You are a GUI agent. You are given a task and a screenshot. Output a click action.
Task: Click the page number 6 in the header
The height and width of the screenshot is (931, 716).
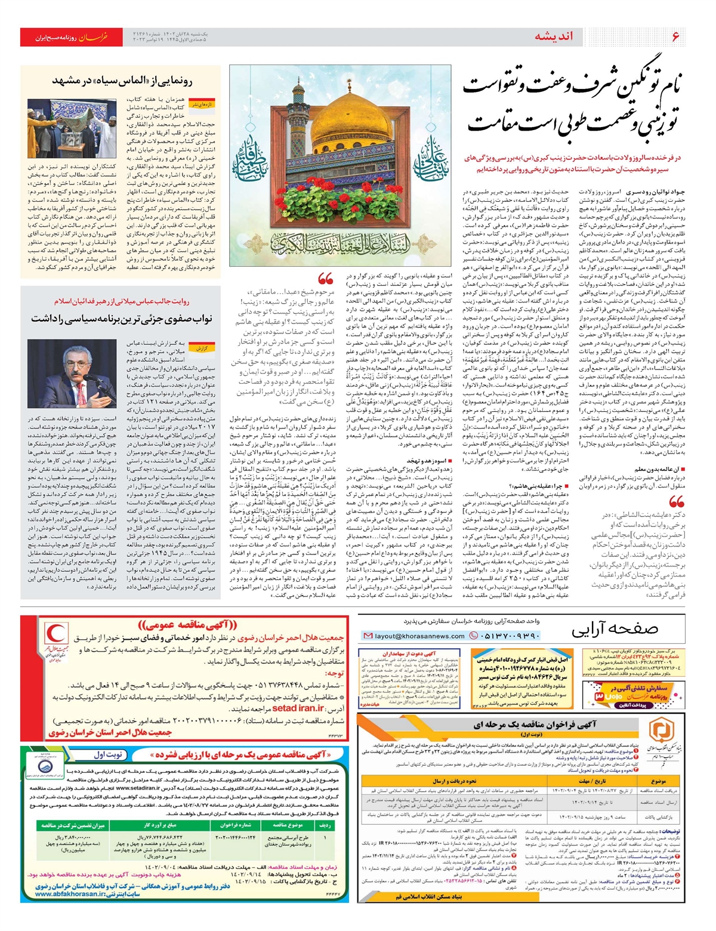coord(675,36)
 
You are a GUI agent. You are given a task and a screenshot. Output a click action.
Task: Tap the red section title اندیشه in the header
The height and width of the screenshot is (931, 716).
coord(553,36)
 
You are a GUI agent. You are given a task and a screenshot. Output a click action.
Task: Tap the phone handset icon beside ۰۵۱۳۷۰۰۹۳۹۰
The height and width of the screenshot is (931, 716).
coord(474,636)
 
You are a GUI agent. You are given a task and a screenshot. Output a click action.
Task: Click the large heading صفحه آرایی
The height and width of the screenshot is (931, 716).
coord(615,629)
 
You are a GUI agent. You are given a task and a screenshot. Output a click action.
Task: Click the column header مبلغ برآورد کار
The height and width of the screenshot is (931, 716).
coord(160,825)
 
